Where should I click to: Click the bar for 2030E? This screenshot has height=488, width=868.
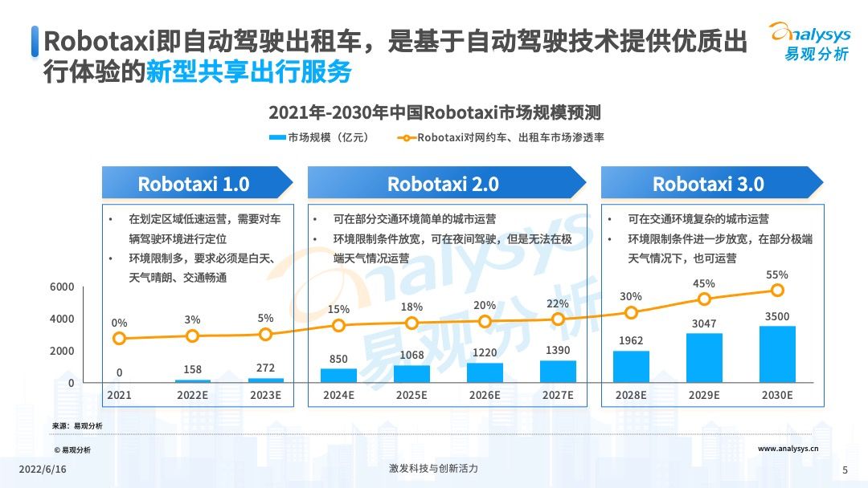pos(777,354)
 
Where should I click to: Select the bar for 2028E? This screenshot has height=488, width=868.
pos(631,366)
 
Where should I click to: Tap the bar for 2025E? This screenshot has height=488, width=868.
pos(411,373)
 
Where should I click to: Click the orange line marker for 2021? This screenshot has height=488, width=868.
pos(119,338)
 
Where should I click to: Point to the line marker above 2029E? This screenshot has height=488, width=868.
pos(704,299)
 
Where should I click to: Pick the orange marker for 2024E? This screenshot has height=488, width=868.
pos(338,325)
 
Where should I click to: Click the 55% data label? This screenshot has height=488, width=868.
pos(777,274)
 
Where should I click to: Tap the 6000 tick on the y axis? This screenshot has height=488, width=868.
pos(63,287)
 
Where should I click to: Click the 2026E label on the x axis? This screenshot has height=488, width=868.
pos(485,395)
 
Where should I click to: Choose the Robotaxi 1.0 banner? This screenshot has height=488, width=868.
pos(194,183)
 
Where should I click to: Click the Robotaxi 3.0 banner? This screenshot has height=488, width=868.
pos(708,183)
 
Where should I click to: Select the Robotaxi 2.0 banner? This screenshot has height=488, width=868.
pos(443,183)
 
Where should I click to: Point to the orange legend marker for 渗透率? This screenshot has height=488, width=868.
pos(406,137)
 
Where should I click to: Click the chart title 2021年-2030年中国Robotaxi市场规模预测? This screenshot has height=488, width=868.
pos(435,112)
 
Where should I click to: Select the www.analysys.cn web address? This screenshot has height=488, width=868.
pos(788,449)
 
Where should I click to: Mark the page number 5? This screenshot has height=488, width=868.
pos(845,470)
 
